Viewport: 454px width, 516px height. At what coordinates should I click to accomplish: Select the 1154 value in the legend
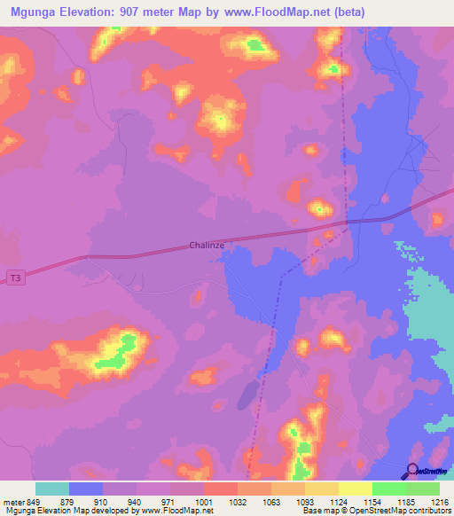coord(384,502)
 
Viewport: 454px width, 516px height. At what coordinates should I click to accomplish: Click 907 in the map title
coord(140,12)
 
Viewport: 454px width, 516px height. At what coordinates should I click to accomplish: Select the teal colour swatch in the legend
coord(52,489)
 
